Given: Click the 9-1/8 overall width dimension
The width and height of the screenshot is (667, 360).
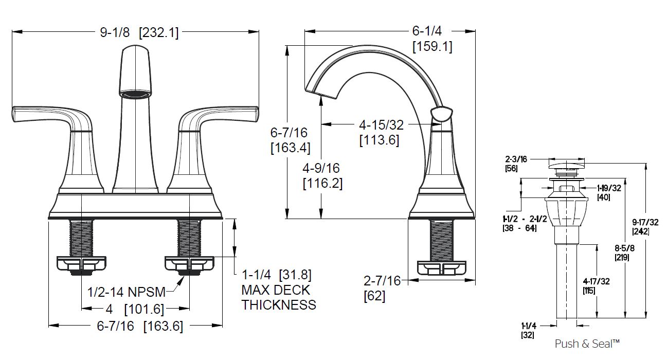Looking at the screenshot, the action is [x=115, y=32].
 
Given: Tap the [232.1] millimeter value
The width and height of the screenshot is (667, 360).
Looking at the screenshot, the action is [x=159, y=32].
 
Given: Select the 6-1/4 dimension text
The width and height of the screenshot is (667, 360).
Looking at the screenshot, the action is [x=427, y=31].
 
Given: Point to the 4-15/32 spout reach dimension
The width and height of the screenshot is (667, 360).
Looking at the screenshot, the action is [x=381, y=125].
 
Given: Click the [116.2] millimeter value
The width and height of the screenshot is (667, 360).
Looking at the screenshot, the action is [x=322, y=183].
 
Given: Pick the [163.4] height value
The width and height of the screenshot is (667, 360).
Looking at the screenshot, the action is [x=291, y=148].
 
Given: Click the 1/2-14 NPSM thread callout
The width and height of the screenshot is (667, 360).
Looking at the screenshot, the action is [x=127, y=292].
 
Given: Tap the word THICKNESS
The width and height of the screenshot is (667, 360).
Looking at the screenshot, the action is [x=279, y=305].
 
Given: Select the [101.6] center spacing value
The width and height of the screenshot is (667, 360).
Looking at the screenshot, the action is [x=144, y=309].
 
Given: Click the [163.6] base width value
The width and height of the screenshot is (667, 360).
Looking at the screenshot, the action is [x=163, y=327].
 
